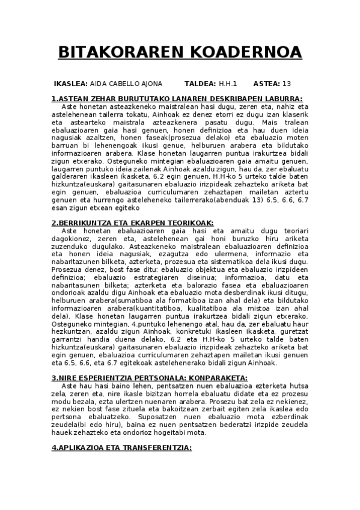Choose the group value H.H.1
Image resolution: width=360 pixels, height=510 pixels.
[228, 84]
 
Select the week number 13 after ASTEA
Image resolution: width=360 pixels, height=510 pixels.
[287, 84]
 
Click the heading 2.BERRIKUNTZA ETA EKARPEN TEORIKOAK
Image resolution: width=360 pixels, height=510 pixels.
[133, 223]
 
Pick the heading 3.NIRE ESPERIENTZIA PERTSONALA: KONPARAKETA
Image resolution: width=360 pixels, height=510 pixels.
[150, 377]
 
